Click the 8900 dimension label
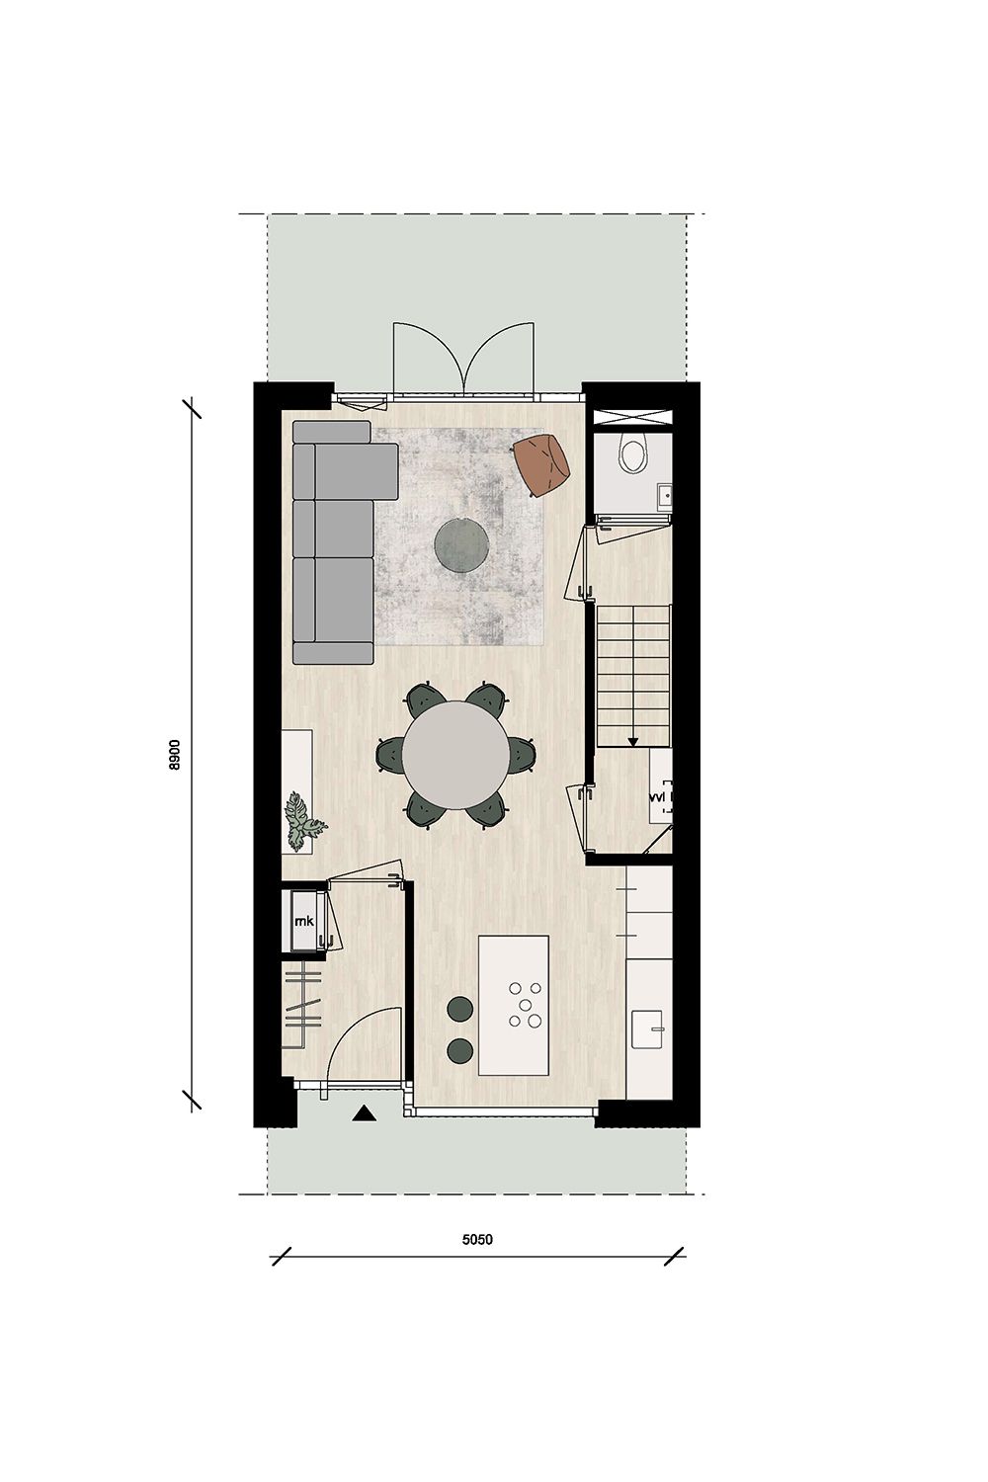click(x=174, y=755)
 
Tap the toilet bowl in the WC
click(x=631, y=453)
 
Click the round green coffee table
click(x=460, y=544)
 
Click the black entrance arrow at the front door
click(x=366, y=1114)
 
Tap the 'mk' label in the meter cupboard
click(x=303, y=922)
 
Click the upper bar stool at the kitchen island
click(x=459, y=1009)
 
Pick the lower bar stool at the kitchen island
click(x=459, y=1050)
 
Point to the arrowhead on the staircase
click(x=633, y=741)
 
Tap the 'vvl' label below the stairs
click(x=658, y=794)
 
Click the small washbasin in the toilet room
click(x=666, y=491)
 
